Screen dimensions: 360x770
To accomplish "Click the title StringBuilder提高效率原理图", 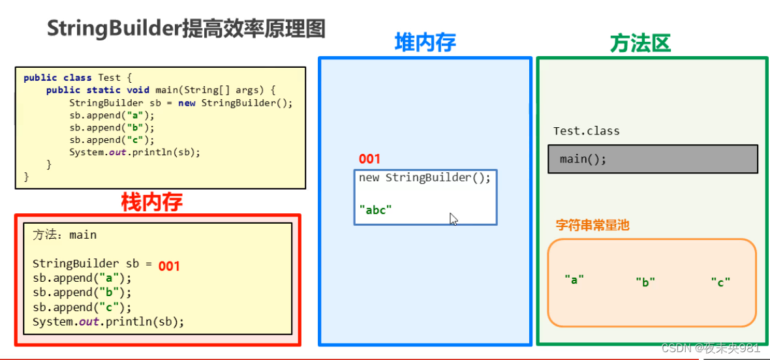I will tap(185, 29).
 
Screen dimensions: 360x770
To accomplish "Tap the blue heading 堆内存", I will tap(425, 42).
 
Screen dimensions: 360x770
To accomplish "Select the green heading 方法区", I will tap(639, 43).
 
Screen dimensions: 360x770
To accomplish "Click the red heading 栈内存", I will tap(151, 202).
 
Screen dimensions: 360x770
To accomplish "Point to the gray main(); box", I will tap(653, 158).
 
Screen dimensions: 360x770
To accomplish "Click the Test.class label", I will tap(586, 131).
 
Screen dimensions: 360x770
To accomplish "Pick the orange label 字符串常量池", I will tap(593, 226).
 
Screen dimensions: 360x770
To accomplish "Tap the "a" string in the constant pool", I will tap(574, 279).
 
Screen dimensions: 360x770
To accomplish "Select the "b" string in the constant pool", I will tap(645, 282).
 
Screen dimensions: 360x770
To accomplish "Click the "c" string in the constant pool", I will tap(720, 282).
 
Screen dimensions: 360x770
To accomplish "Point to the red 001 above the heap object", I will tap(369, 159).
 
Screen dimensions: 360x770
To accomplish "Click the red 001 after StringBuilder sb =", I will tap(169, 266).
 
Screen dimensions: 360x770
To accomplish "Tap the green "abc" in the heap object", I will tap(375, 209).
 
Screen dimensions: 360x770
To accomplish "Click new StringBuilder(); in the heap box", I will tap(424, 178).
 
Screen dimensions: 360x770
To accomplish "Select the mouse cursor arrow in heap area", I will tap(454, 219).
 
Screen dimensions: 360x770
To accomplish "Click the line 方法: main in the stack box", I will tap(65, 235).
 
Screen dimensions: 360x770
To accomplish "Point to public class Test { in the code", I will tap(78, 78).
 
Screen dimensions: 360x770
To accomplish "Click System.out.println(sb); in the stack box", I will tap(108, 322).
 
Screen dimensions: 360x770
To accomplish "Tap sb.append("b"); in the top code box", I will tap(112, 128).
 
